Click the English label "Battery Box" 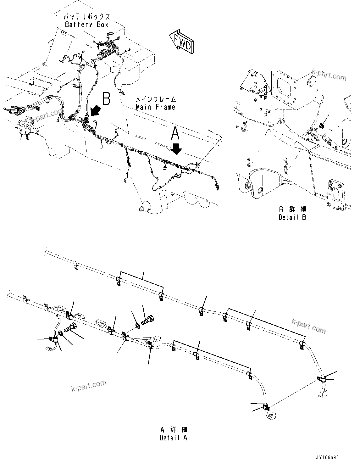click(x=86, y=25)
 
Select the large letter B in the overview click(x=107, y=98)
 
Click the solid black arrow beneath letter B click(x=95, y=111)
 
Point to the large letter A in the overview click(x=175, y=133)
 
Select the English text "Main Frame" click(x=155, y=107)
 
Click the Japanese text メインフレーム click(x=155, y=99)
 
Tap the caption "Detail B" click(x=292, y=217)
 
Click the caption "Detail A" click(x=173, y=438)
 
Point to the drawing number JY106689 click(x=326, y=458)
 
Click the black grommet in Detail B click(x=322, y=126)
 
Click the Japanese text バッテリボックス click(x=86, y=17)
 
